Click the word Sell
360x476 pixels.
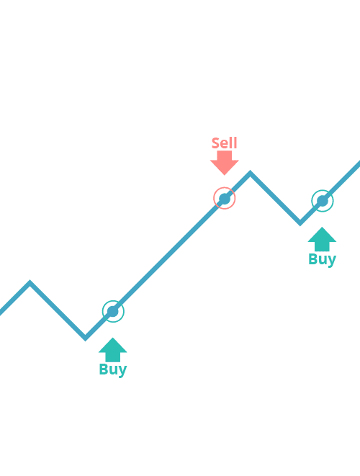coord(225,143)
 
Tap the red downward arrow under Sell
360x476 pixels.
coord(225,163)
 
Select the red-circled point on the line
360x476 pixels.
coord(225,198)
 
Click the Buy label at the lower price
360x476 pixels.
coord(113,369)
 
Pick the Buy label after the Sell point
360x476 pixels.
coord(322,259)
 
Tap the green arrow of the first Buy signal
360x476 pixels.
coord(112,350)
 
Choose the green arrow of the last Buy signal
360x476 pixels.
coord(322,239)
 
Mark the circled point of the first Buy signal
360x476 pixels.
coord(113,311)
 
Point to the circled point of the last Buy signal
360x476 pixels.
coord(323,201)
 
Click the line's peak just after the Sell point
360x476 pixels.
coord(250,173)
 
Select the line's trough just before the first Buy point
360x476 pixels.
coord(85,338)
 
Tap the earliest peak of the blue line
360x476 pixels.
coord(30,282)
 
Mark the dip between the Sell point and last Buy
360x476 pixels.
coord(300,223)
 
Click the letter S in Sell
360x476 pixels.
coord(215,143)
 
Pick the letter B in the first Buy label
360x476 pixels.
coord(103,369)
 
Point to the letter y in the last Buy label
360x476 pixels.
coord(332,261)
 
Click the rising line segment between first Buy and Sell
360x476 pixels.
coord(168,256)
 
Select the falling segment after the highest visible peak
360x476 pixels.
coord(275,198)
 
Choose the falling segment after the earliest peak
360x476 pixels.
coord(58,310)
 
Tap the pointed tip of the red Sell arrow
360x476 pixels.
coord(225,175)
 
